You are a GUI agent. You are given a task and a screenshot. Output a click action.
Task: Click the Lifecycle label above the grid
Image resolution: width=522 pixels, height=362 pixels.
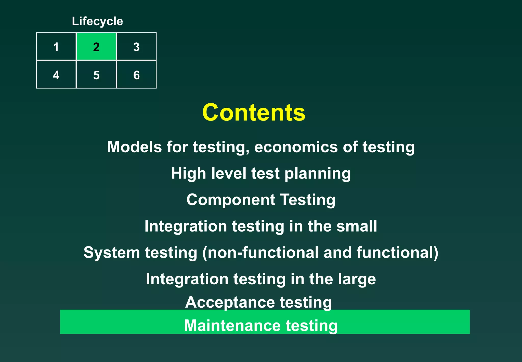pyautogui.click(x=97, y=21)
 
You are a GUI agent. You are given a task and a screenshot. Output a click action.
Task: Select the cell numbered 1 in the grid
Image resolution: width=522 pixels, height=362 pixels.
pyautogui.click(x=56, y=47)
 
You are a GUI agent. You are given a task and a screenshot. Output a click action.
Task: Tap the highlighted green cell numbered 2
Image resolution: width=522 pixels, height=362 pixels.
pyautogui.click(x=96, y=47)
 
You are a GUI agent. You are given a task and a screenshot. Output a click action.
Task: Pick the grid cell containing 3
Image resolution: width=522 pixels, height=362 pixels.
pyautogui.click(x=136, y=47)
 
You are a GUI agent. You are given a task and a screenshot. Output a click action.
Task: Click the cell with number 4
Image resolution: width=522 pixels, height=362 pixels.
pyautogui.click(x=56, y=75)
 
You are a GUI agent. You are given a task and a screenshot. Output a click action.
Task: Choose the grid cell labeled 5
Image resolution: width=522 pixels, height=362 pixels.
pyautogui.click(x=96, y=75)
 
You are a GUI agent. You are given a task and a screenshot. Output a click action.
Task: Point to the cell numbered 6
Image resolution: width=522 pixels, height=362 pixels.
pyautogui.click(x=136, y=75)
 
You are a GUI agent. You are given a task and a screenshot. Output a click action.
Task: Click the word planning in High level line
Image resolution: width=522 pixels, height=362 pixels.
pyautogui.click(x=318, y=174)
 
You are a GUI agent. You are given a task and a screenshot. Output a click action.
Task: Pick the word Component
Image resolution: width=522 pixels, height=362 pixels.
pyautogui.click(x=231, y=200)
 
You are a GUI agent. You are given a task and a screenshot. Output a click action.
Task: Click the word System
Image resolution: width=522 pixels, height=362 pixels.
pyautogui.click(x=112, y=253)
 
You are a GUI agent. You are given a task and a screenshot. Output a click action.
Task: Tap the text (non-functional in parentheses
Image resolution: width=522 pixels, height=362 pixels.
pyautogui.click(x=260, y=253)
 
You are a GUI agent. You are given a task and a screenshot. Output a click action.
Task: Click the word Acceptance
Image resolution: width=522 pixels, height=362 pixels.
pyautogui.click(x=230, y=303)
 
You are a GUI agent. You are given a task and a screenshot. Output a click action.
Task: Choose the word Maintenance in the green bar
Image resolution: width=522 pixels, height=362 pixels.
pyautogui.click(x=232, y=325)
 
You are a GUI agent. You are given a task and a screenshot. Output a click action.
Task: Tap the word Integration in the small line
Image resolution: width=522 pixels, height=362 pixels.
pyautogui.click(x=186, y=226)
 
